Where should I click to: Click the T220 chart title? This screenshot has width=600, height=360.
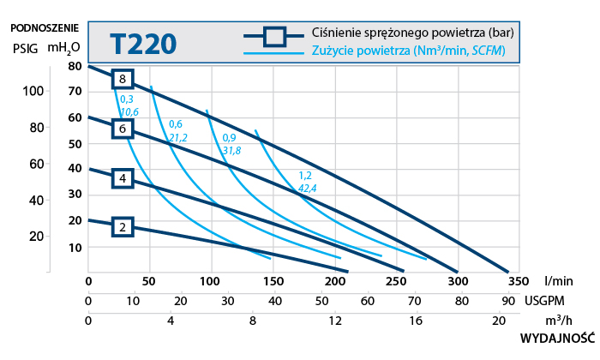144,42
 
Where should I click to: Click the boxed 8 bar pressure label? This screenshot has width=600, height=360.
123,79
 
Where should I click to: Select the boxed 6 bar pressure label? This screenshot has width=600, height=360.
123,129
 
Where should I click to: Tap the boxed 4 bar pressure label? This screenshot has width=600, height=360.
123,178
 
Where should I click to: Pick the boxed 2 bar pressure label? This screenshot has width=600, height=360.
123,227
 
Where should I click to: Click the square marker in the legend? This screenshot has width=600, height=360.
273,35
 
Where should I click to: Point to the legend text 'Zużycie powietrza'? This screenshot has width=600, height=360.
361,52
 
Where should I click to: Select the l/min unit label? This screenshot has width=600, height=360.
558,280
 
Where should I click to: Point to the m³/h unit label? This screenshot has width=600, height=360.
559,321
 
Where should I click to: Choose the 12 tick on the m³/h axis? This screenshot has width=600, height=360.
334,321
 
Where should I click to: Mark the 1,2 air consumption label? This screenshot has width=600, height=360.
305,176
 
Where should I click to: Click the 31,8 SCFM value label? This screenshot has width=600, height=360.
231,150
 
